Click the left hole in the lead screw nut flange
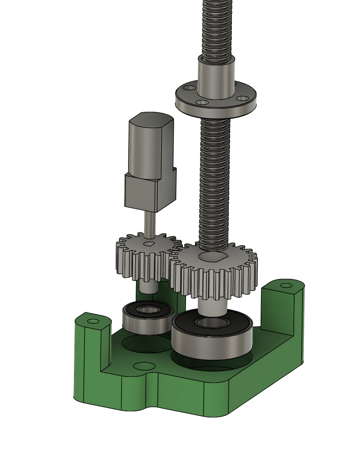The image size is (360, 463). click(189, 88)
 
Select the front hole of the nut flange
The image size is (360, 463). click(201, 102)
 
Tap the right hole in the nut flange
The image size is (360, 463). click(242, 99)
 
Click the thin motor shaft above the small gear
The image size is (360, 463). click(150, 223)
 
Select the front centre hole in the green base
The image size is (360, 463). click(143, 366)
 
